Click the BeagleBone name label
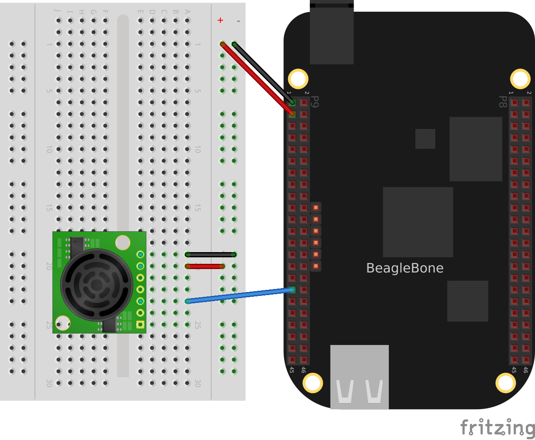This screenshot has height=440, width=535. pos(404,268)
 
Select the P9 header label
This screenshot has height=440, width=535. pos(315,102)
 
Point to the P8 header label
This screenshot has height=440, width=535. pos(502,102)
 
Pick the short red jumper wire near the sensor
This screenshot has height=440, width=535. pos(205,266)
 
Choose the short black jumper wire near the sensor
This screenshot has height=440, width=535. pos(211,254)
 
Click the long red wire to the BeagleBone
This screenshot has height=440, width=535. pos(256,78)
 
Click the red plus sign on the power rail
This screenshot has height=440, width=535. pos(220,20)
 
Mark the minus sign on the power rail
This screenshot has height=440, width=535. pos(238,21)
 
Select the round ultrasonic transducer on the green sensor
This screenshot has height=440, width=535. pos(97,285)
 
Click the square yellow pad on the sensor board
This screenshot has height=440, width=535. pos(140,324)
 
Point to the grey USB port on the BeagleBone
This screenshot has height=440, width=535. pos(359,377)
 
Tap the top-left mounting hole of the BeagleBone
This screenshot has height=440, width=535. pos(298,79)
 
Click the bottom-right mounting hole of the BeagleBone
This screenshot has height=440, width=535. pos(505,383)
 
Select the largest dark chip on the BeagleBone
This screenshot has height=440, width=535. pos(418,222)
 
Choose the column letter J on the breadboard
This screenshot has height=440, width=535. pos(58,10)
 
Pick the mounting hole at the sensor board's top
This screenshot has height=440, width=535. pos(123,243)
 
